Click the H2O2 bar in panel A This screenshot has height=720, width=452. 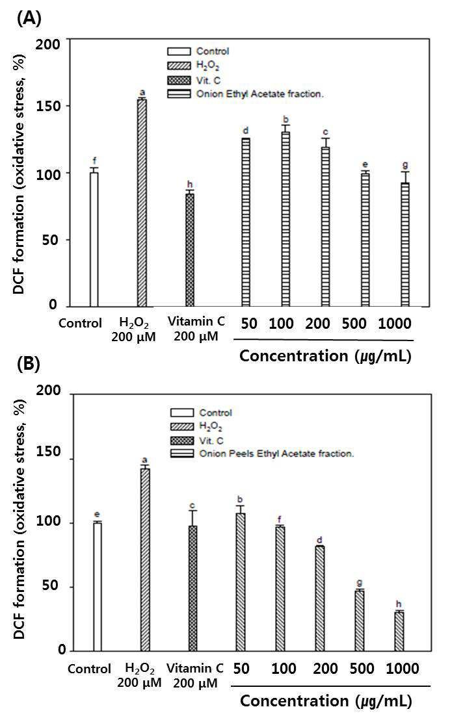tap(142, 203)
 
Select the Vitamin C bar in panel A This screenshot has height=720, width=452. tap(190, 250)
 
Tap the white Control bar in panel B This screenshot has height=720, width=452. tap(97, 586)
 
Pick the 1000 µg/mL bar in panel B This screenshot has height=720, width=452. tap(399, 631)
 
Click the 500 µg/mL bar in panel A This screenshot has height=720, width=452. tap(366, 240)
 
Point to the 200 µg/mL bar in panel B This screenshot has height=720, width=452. tap(320, 598)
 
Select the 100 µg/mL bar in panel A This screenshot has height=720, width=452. tap(286, 219)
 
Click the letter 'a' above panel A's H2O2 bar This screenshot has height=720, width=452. tap(142, 93)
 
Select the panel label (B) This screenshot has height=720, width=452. tap(29, 364)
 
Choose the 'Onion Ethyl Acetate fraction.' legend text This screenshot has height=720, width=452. tap(260, 94)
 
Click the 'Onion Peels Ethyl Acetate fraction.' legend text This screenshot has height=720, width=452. tap(276, 453)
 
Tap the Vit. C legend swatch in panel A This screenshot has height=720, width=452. tap(179, 81)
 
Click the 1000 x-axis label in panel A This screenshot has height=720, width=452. tap(395, 324)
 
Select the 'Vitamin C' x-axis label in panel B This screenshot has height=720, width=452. tap(194, 667)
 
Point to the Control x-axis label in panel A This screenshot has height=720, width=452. tap(80, 323)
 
